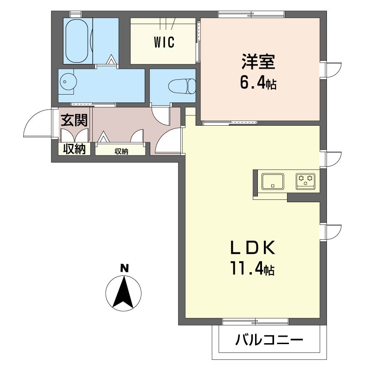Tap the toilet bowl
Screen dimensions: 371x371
(182, 86)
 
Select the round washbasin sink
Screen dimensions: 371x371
(68, 82)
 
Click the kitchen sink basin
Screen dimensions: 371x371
(273, 181)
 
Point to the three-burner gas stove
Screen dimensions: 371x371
(306, 181)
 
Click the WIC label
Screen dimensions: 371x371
(164, 42)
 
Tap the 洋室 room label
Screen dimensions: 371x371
(258, 62)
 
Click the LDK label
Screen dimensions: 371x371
(253, 247)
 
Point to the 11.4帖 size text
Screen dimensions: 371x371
(253, 269)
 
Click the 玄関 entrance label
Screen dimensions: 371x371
(74, 120)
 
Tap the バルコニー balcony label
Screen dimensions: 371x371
(269, 340)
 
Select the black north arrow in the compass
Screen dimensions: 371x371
(123, 292)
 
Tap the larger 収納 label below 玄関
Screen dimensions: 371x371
(74, 149)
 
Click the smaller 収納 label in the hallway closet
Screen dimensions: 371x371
(122, 151)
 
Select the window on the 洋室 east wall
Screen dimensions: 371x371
(330, 70)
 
